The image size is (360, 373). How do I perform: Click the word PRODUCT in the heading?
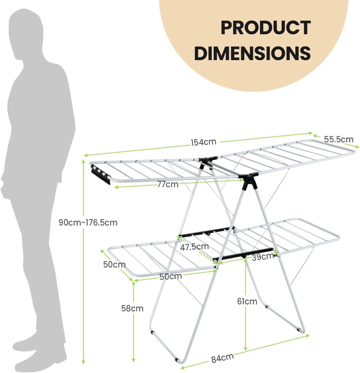click(x=266, y=28)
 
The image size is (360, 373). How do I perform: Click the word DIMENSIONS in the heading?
click(x=252, y=53)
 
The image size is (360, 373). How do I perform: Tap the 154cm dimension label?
click(x=203, y=142)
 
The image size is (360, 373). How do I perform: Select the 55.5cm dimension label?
click(x=339, y=139)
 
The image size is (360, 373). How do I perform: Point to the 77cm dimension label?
click(x=168, y=184)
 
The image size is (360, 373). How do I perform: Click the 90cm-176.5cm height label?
click(x=88, y=223)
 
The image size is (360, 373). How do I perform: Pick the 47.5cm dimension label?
click(x=194, y=247)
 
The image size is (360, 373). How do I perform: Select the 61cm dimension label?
click(x=247, y=301)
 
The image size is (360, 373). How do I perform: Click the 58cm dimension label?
click(x=132, y=308)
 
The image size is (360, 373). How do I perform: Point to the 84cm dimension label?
click(x=222, y=358)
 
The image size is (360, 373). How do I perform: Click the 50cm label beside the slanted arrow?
click(x=114, y=264)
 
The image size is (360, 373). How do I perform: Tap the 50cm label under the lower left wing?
click(x=170, y=276)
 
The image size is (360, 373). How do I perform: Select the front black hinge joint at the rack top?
click(x=248, y=180)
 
